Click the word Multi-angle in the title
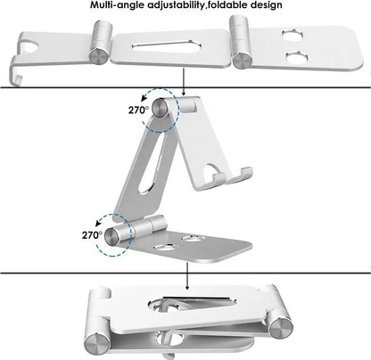(122, 6)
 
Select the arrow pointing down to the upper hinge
(184, 84)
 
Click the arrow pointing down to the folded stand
(188, 278)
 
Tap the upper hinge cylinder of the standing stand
(161, 108)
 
